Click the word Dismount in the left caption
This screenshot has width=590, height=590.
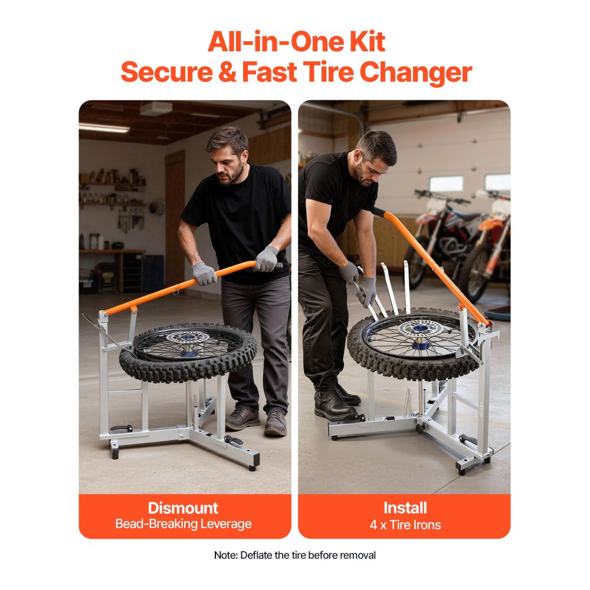point(183,508)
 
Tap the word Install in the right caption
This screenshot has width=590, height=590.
point(405,508)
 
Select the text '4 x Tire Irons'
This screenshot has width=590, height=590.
point(405,525)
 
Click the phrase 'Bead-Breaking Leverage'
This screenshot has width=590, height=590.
point(183,524)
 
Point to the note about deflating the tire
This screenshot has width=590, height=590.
point(294,555)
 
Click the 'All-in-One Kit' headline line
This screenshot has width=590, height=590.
point(296,42)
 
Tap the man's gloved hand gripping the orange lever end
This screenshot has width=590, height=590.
point(267,258)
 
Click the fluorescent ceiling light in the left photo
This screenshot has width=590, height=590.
point(103,127)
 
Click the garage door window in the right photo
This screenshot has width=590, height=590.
point(447,183)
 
